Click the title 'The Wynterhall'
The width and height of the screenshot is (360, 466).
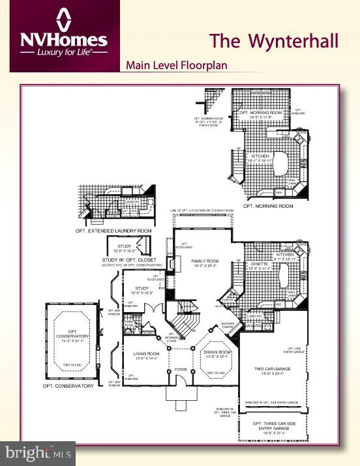274,41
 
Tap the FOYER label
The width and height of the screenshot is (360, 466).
181,370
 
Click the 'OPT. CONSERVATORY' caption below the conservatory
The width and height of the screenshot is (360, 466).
68,386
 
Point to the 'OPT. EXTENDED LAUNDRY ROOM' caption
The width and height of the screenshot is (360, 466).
115,231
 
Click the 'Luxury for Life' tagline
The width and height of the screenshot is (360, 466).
63,50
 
